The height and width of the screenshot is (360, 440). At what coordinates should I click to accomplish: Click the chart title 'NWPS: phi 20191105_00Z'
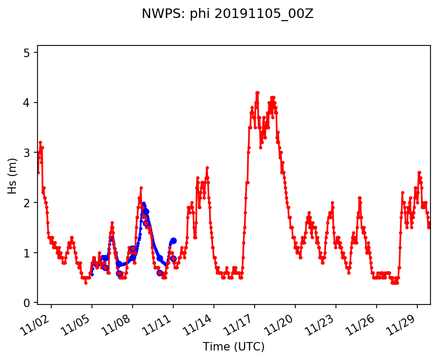227,14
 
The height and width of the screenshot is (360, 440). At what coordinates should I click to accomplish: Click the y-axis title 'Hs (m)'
12,174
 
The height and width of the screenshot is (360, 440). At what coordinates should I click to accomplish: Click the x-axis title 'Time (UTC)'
233,347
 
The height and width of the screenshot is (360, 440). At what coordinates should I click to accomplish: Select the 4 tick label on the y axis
30,103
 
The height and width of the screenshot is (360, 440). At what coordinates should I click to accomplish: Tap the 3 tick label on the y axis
30,153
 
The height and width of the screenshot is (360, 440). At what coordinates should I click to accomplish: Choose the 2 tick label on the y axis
30,203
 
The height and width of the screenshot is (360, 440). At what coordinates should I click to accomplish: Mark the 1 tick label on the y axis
30,253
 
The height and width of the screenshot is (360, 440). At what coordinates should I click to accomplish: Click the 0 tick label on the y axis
30,303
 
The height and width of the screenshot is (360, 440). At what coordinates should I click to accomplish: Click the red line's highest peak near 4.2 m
257,93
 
